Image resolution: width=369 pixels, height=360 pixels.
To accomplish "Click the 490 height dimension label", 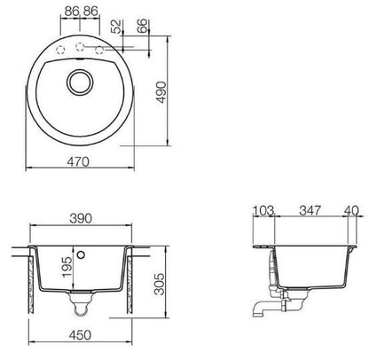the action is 161,92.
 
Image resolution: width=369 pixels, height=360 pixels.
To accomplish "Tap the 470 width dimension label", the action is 78,161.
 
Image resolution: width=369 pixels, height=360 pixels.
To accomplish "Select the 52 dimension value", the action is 117,27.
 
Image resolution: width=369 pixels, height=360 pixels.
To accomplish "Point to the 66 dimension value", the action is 142,26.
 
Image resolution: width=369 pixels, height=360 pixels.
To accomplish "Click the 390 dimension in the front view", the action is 81,218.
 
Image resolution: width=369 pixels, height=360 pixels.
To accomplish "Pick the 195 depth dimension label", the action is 67,267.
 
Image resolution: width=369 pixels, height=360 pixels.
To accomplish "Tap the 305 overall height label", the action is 160,284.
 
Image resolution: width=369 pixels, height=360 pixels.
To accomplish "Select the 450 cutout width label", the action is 80,335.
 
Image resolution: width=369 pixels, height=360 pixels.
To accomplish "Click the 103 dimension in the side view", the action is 263,211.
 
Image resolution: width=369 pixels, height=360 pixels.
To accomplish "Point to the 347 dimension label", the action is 310,210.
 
